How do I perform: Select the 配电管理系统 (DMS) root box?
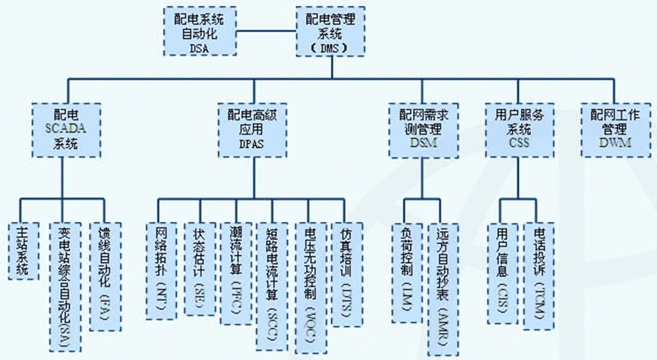(329, 31)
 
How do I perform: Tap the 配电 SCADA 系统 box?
(66, 128)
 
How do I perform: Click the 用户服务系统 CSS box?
(520, 128)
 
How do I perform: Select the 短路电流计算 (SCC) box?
(273, 286)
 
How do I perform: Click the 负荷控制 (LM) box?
(406, 273)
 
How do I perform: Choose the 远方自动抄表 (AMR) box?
(445, 286)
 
